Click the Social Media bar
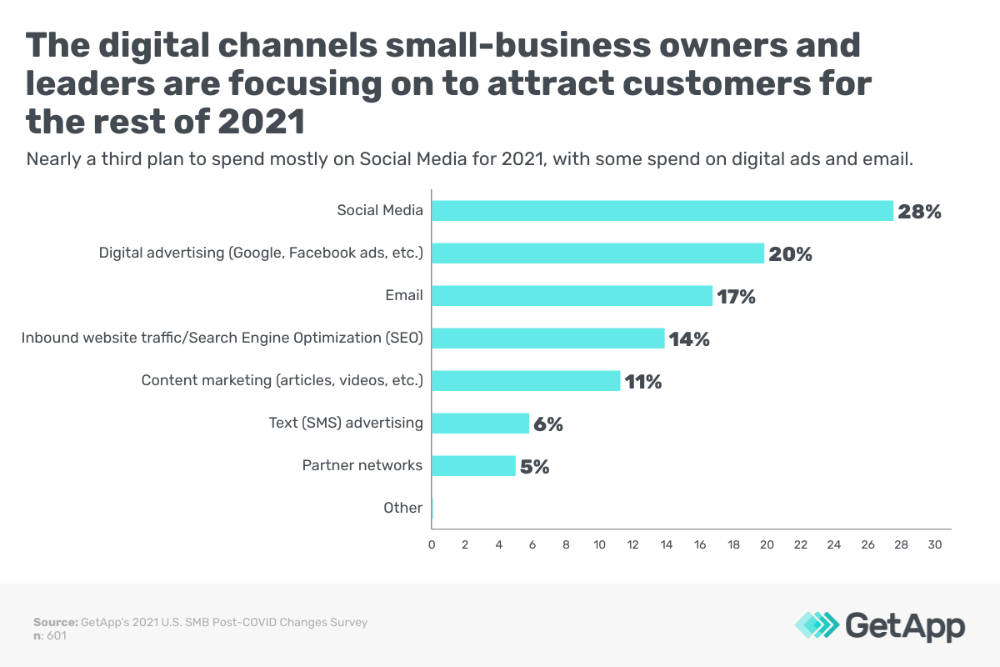pyautogui.click(x=662, y=211)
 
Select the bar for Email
pyautogui.click(x=572, y=296)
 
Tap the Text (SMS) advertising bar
pyautogui.click(x=481, y=424)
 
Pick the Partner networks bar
pyautogui.click(x=474, y=466)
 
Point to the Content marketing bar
pyautogui.click(x=526, y=381)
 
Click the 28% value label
pyautogui.click(x=919, y=212)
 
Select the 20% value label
pyautogui.click(x=790, y=254)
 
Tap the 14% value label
pyautogui.click(x=689, y=339)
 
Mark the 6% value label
pyautogui.click(x=548, y=424)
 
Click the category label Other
pyautogui.click(x=402, y=508)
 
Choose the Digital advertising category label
pyautogui.click(x=261, y=253)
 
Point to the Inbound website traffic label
pyautogui.click(x=222, y=338)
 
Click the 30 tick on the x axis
pyautogui.click(x=935, y=544)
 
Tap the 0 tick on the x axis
pyautogui.click(x=432, y=544)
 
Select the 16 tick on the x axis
pyautogui.click(x=700, y=544)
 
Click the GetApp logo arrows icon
pyautogui.click(x=817, y=625)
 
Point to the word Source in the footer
pyautogui.click(x=54, y=622)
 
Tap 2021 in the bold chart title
pyautogui.click(x=260, y=122)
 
